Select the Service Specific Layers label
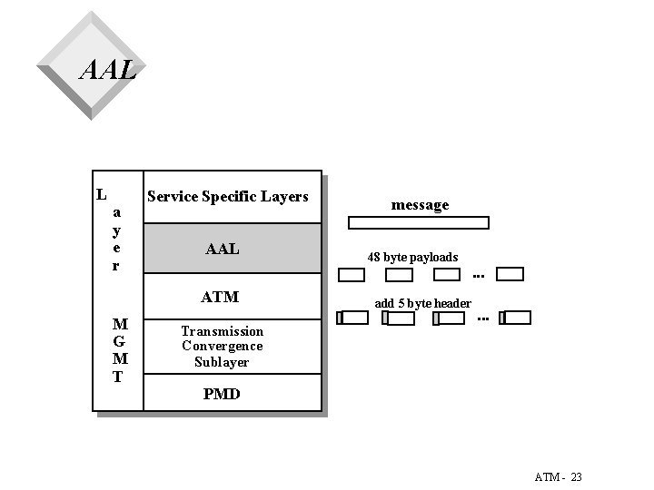[228, 196]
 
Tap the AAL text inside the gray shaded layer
[223, 249]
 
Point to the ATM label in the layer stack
[220, 297]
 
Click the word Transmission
[223, 331]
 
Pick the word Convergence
[223, 346]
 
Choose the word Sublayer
[223, 361]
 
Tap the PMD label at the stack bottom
[222, 394]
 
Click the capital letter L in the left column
[103, 193]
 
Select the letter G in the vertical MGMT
[118, 342]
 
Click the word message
[420, 205]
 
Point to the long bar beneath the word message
[420, 222]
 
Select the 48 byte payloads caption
[412, 257]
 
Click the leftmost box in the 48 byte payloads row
[352, 274]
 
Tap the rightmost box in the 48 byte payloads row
[511, 274]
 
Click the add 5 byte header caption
[423, 302]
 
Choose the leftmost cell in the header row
[353, 318]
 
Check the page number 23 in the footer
[577, 476]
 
